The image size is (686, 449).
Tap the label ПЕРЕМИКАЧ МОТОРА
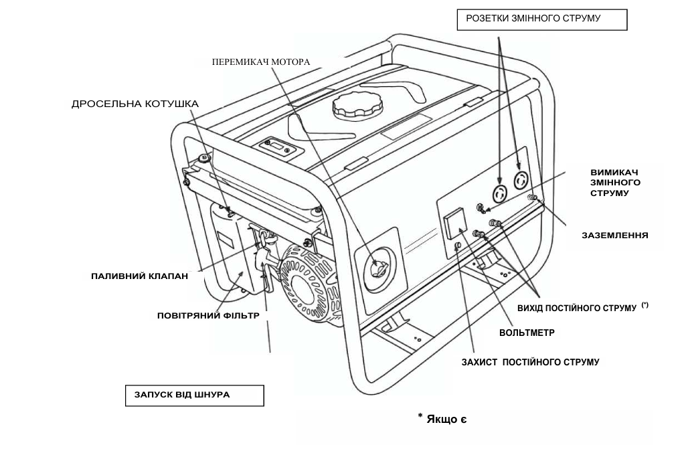[261, 62]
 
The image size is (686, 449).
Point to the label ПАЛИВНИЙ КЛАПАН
[139, 275]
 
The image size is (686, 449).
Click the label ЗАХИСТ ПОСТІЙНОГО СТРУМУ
[530, 362]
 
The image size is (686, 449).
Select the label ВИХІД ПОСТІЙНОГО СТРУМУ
[577, 307]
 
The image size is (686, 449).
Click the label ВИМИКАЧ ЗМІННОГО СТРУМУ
[614, 182]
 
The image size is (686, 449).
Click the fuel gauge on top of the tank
[275, 145]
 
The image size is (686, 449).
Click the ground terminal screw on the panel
[532, 197]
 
